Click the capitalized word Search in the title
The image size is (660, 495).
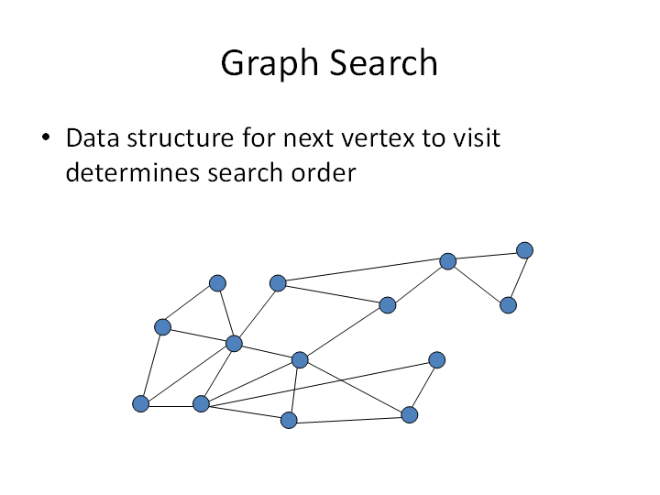pos(383,62)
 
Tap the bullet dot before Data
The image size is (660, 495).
pos(46,137)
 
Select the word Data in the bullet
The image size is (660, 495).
pos(93,137)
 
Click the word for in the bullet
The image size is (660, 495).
pos(258,137)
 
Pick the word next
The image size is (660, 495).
pos(309,138)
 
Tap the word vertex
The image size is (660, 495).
pos(378,138)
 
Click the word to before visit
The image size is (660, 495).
pos(434,138)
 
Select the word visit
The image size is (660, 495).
pos(477,137)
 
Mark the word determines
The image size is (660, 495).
pos(132,172)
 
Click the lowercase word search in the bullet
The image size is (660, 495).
pos(245,172)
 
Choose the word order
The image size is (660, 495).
pos(324,172)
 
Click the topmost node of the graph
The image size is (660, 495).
pos(524,250)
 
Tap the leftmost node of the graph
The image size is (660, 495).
pos(140,403)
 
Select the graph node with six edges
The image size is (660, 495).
pos(234,344)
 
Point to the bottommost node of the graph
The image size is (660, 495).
pos(289,420)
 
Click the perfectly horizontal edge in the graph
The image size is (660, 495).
pos(170,406)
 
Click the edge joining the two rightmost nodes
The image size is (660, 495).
pos(518,278)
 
